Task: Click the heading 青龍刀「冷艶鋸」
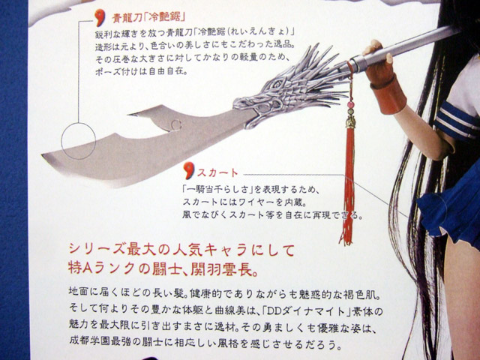pyautogui.click(x=148, y=18)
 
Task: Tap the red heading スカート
pyautogui.click(x=217, y=173)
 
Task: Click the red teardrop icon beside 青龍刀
pyautogui.click(x=100, y=18)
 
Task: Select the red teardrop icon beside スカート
pyautogui.click(x=189, y=170)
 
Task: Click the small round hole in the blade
pyautogui.click(x=176, y=125)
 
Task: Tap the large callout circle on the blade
pyautogui.click(x=79, y=141)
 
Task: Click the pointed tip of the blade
pyautogui.click(x=43, y=155)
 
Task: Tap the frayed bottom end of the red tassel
pyautogui.click(x=346, y=238)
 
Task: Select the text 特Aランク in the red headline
pyautogui.click(x=101, y=268)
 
